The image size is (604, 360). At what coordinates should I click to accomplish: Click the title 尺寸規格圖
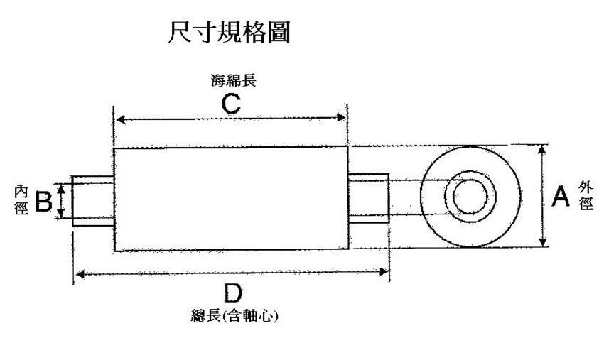(x=229, y=33)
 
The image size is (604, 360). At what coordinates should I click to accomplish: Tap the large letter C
(x=230, y=104)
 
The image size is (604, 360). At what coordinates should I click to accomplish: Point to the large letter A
(x=561, y=197)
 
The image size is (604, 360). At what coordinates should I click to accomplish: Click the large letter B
(x=43, y=202)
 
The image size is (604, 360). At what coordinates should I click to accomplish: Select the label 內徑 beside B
(x=21, y=201)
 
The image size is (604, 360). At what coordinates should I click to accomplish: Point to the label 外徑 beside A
(x=585, y=196)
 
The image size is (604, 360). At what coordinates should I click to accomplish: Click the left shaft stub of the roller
(x=93, y=201)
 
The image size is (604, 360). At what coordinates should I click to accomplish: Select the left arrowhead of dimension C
(x=119, y=119)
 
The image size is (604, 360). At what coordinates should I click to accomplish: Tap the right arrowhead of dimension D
(x=384, y=272)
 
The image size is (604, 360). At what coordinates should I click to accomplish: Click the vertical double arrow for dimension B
(x=62, y=201)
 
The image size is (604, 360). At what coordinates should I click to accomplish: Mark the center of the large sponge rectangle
(x=232, y=199)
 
